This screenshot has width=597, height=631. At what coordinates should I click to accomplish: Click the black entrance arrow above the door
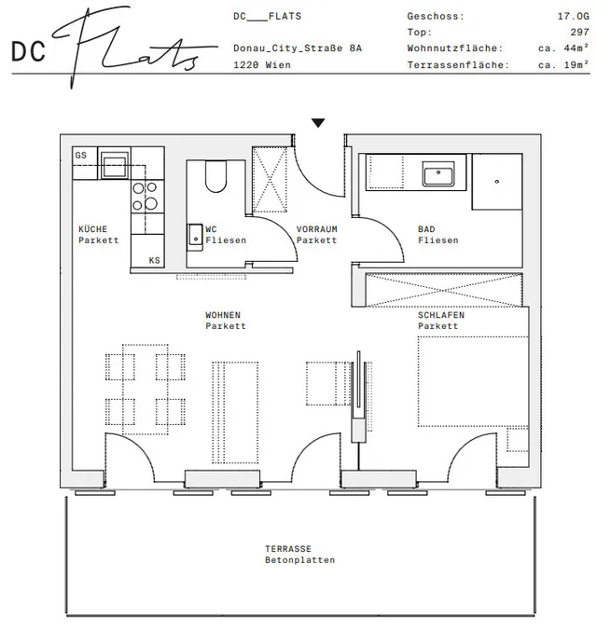tap(318, 123)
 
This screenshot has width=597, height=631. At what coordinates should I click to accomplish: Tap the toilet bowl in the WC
tap(215, 177)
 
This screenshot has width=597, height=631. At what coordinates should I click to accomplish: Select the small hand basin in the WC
tap(195, 238)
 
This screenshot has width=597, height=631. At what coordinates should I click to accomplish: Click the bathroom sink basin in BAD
tap(438, 174)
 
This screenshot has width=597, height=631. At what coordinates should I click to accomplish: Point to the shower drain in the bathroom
tap(496, 182)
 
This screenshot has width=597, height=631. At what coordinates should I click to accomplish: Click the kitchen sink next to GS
tap(115, 165)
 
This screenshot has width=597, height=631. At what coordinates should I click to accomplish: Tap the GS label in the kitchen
tap(81, 155)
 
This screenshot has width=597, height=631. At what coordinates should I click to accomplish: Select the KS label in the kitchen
tap(154, 260)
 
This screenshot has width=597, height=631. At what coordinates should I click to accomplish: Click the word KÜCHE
tap(92, 229)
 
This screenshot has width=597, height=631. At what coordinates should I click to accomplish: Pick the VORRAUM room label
tap(316, 229)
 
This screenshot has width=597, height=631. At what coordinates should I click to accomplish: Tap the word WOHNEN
tap(223, 315)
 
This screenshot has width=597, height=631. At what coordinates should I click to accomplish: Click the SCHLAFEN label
tap(441, 315)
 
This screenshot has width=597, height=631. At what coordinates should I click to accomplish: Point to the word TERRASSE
tap(288, 549)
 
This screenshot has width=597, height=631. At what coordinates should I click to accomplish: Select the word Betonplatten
tap(299, 560)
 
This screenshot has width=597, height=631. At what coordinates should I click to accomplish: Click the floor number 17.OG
tap(573, 16)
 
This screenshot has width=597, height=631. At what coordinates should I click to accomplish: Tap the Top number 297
tap(579, 33)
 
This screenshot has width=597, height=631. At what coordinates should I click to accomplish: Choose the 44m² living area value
tap(576, 48)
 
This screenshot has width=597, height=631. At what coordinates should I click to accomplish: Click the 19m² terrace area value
tap(576, 64)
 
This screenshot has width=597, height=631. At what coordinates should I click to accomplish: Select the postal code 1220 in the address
tap(244, 65)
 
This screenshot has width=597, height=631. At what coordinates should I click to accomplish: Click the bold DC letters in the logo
tap(28, 52)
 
